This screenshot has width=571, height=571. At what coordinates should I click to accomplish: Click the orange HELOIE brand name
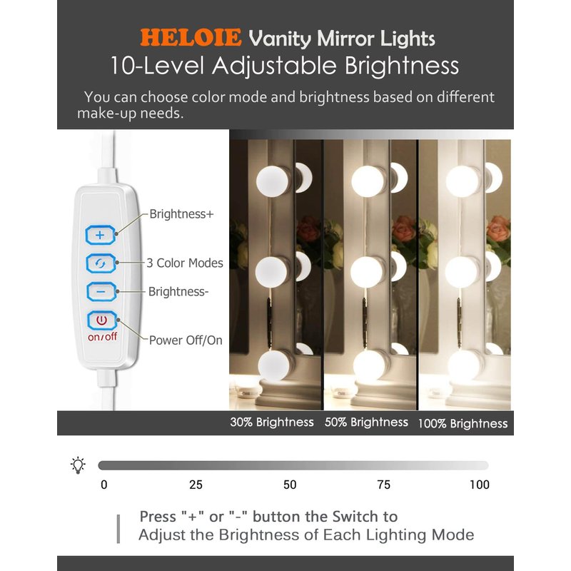191,38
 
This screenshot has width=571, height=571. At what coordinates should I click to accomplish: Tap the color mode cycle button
101,263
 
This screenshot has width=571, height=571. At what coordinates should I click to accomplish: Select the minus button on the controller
101,291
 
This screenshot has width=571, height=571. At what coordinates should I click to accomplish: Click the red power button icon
101,320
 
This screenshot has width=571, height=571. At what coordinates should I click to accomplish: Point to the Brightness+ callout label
181,213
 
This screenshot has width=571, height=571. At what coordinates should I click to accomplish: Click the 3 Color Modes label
185,263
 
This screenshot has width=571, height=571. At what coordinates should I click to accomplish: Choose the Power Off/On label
186,340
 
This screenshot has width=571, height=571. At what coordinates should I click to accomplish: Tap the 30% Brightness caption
272,422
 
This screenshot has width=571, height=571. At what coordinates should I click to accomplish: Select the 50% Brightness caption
366,422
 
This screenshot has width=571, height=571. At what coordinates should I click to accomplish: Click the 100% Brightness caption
463,423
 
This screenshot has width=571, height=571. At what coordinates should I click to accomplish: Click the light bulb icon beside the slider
78,465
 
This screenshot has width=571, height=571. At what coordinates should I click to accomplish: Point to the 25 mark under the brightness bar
196,485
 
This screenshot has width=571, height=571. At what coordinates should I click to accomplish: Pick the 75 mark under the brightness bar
384,485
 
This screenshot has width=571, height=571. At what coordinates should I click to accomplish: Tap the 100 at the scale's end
479,485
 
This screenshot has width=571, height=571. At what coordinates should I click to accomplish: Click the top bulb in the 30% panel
273,181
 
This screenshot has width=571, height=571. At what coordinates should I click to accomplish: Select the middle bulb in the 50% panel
367,272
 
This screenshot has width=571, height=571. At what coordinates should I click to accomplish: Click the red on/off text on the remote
102,337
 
